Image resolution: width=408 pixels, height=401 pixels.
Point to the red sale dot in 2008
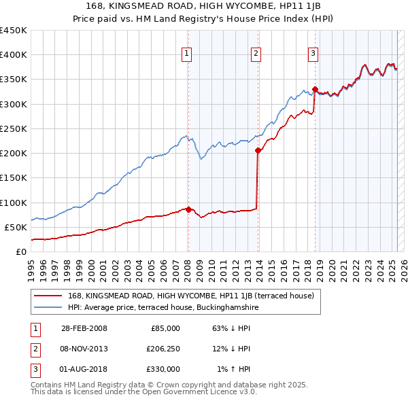click(188, 209)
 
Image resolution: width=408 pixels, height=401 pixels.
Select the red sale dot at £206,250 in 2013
click(258, 150)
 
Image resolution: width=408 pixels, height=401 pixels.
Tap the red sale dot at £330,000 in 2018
click(315, 89)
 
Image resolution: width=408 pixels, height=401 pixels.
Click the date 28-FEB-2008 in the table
click(84, 328)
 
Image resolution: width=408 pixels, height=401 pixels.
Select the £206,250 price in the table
click(163, 349)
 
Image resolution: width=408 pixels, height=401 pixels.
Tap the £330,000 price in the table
click(163, 369)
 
